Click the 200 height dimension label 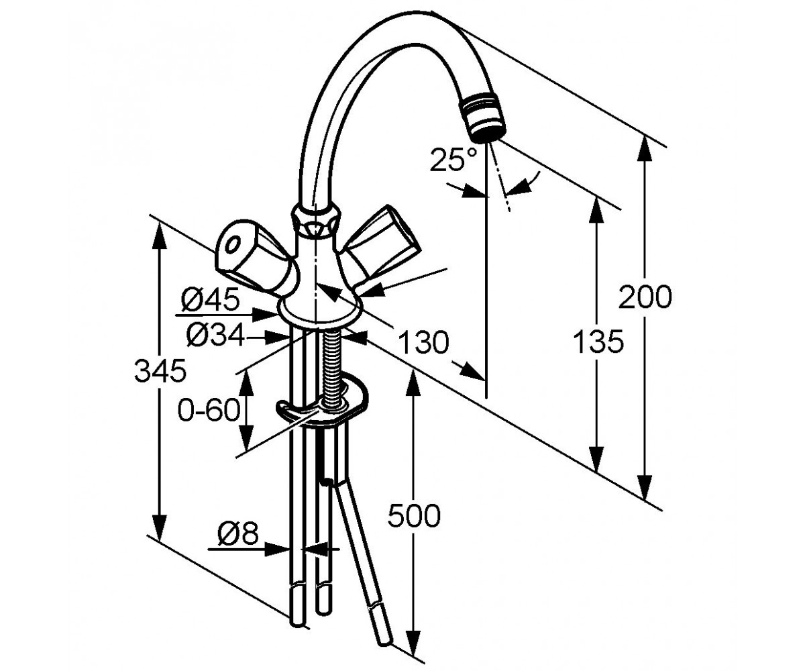[x=645, y=297]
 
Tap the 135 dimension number [x=598, y=342]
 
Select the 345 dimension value [x=160, y=371]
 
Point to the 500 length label [x=414, y=515]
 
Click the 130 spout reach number [x=423, y=342]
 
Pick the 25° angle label [x=453, y=159]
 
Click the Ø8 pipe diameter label [x=237, y=533]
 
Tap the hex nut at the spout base [x=316, y=221]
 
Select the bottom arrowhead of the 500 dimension [x=414, y=641]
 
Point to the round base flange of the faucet [x=319, y=311]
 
